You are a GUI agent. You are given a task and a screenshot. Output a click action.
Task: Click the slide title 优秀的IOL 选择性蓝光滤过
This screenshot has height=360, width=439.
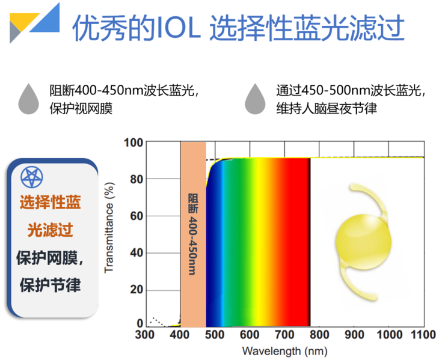237,28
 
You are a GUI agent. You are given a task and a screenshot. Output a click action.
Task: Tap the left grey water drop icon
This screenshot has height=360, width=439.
28,100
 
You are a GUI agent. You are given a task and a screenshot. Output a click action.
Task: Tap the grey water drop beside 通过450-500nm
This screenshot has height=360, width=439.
255,100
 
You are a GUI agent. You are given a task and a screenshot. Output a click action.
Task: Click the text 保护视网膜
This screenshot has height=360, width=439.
81,109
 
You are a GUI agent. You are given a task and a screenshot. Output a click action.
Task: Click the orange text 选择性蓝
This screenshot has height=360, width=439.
51,202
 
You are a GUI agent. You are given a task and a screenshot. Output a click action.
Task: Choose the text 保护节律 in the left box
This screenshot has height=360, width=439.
51,284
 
